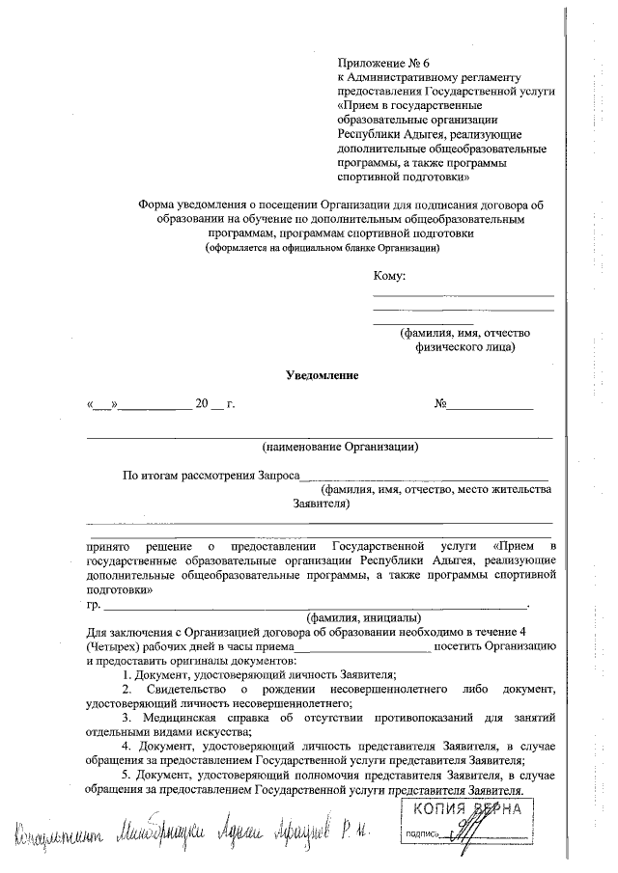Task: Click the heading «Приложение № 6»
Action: tap(383, 63)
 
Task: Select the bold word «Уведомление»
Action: tap(322, 375)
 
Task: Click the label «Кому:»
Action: tap(390, 277)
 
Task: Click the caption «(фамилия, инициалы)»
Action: tap(362, 616)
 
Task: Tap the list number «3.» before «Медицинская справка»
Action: tap(127, 719)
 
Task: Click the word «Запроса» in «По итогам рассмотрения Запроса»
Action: tap(279, 476)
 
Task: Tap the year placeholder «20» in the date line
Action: tap(202, 404)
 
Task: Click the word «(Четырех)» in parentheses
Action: tap(112, 644)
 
